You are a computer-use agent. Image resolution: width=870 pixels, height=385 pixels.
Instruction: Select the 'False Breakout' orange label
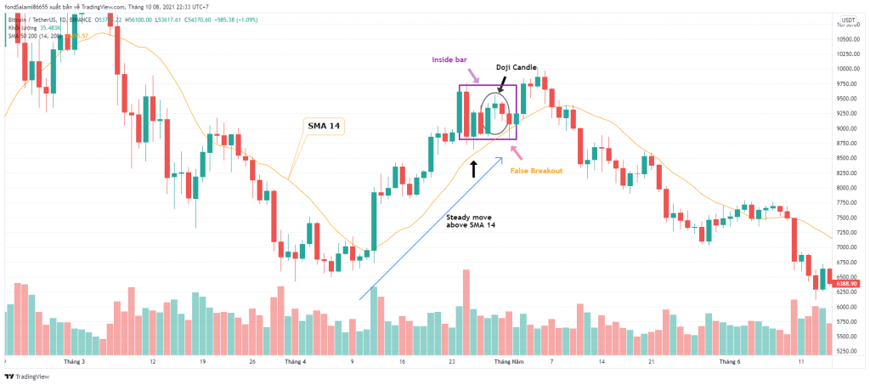coord(536,171)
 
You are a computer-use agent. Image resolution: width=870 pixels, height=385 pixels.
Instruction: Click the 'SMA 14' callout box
coord(325,125)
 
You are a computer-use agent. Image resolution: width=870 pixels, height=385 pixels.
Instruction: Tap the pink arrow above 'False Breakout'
coord(516,151)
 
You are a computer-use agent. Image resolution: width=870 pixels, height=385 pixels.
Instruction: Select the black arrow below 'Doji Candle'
coord(501,83)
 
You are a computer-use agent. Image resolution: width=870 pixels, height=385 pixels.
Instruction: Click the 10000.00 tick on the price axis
coord(850,69)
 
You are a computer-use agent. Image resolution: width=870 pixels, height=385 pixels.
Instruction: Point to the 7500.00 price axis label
coord(850,218)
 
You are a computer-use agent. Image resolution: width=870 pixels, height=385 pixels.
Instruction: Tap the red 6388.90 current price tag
coord(851,284)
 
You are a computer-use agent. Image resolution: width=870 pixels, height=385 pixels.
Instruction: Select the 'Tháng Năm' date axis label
coord(510,361)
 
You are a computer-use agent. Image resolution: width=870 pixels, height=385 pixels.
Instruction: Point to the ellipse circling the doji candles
coord(497,114)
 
